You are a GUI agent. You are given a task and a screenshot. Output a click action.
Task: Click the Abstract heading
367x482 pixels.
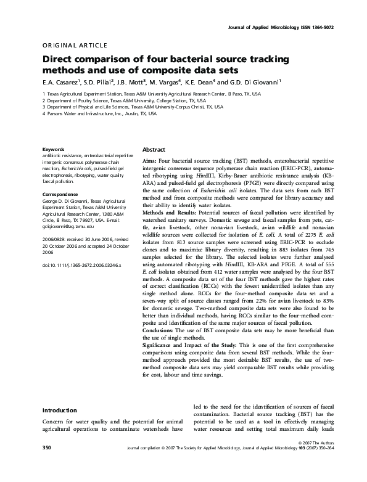[x=154, y=150]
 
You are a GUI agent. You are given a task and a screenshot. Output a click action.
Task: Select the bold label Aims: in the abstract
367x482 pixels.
[x=149, y=160]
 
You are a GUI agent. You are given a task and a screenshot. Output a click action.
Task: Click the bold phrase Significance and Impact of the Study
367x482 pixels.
[x=196, y=345]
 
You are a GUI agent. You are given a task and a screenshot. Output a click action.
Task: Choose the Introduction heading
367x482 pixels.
[x=59, y=410]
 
